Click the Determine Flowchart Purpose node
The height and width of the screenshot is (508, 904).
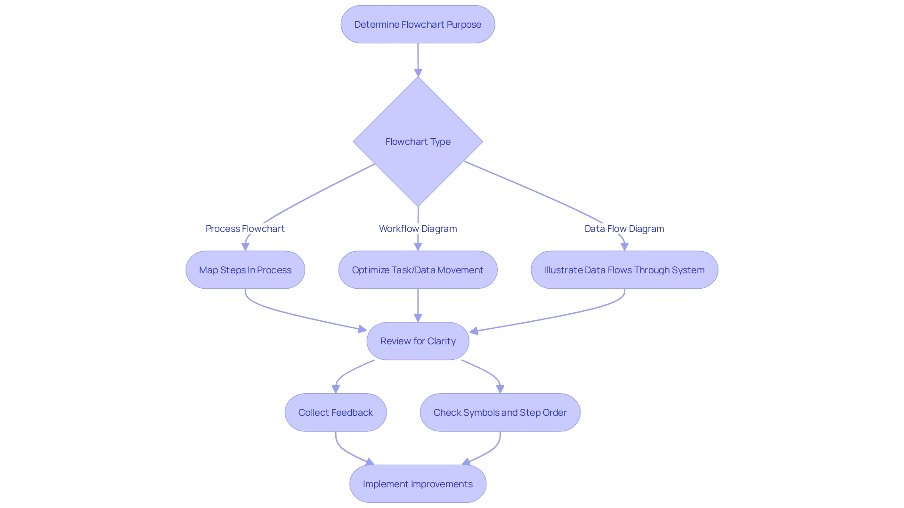click(x=418, y=24)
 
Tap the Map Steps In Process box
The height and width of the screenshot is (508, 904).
click(x=245, y=270)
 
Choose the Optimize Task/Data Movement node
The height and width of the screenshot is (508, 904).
click(x=418, y=270)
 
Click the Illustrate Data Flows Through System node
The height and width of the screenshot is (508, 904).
click(x=624, y=270)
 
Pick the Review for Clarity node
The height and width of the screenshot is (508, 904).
click(x=418, y=341)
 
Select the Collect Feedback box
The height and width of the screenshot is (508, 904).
click(x=335, y=413)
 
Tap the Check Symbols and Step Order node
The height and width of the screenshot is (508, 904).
click(x=500, y=413)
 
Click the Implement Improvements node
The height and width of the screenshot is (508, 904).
click(x=418, y=484)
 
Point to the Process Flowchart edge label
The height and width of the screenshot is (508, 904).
click(x=245, y=229)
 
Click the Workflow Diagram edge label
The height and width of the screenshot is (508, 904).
click(x=418, y=229)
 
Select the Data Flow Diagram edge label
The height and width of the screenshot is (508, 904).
click(x=624, y=229)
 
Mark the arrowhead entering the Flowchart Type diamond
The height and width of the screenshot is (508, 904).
click(x=418, y=72)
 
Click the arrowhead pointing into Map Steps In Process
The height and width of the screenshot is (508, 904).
click(x=245, y=246)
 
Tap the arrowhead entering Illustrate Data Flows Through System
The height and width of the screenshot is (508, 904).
click(x=624, y=246)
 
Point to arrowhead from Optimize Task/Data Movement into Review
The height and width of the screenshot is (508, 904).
click(x=418, y=318)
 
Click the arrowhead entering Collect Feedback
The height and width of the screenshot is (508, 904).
click(x=336, y=389)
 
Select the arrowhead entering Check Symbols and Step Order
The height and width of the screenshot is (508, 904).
click(x=500, y=389)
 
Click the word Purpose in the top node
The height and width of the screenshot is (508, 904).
click(x=464, y=24)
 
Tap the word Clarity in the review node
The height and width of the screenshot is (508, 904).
click(x=441, y=341)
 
